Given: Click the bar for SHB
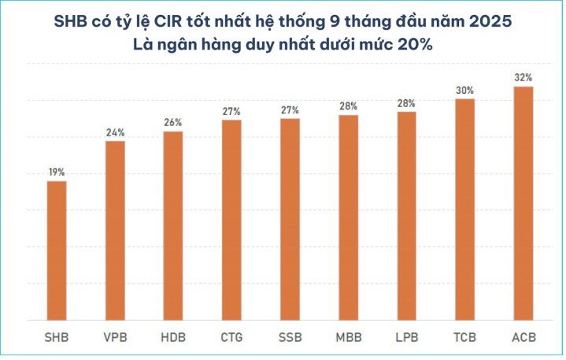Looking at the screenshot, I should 57,251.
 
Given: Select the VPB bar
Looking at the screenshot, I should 115,230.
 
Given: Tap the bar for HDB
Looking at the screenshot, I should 173,225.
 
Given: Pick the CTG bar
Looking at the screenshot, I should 231,220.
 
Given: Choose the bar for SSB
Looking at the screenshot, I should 290,219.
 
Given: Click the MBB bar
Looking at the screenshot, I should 348,217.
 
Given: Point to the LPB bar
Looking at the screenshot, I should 406,216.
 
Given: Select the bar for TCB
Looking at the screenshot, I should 464,210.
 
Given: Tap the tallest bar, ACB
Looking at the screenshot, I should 523,203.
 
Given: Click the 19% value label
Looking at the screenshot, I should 57,172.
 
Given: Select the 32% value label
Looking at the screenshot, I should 523,77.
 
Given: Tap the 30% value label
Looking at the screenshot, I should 464,90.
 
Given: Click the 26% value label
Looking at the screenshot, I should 173,122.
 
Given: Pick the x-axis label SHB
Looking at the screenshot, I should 57,338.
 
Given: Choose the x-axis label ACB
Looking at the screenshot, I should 523,338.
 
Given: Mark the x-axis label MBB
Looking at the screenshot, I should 348,338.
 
